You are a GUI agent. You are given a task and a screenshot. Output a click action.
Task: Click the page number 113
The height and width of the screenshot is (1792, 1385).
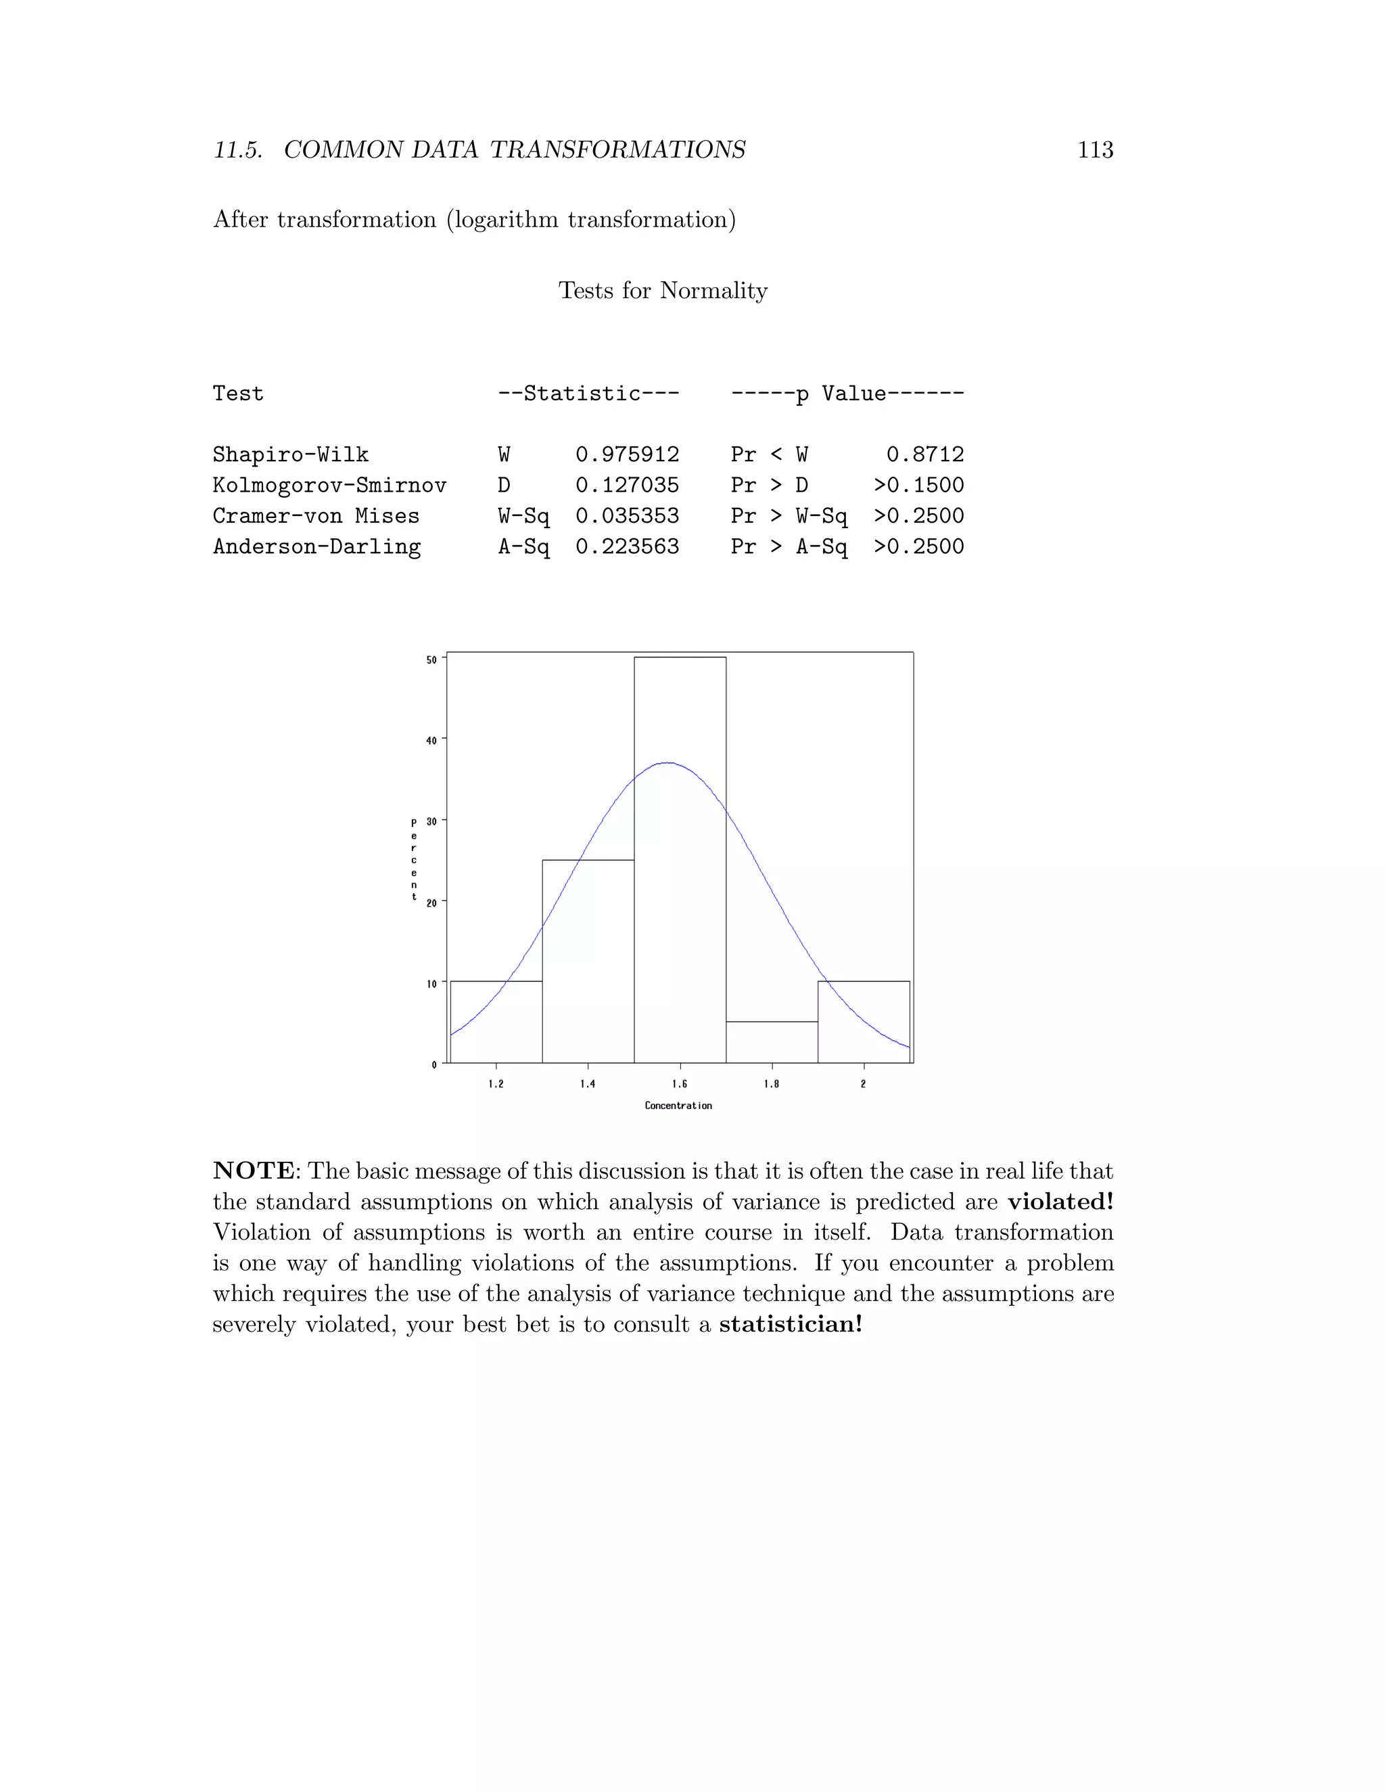click(x=1095, y=150)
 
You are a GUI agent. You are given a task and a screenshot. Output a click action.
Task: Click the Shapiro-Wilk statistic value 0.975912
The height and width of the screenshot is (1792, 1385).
click(x=627, y=454)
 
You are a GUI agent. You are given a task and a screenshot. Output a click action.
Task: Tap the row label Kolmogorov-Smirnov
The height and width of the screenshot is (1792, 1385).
click(x=329, y=485)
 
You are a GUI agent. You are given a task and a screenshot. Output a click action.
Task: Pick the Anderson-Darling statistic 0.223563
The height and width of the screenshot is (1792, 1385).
click(x=627, y=546)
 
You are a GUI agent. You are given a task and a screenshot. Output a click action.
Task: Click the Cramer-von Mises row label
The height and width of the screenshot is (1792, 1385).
click(x=316, y=516)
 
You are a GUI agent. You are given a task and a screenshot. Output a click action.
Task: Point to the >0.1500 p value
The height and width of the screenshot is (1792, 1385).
click(x=918, y=485)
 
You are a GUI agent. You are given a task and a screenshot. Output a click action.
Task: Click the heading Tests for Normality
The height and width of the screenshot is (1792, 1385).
click(x=663, y=291)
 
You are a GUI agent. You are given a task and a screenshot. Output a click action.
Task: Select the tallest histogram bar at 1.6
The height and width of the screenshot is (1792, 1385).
click(x=680, y=903)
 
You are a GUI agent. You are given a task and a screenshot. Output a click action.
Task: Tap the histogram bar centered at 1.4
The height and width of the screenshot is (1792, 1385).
click(x=588, y=968)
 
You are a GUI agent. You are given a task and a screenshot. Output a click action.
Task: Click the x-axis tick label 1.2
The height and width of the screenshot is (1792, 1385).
click(x=496, y=1084)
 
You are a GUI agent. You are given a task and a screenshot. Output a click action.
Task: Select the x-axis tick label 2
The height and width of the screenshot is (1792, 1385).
click(x=863, y=1084)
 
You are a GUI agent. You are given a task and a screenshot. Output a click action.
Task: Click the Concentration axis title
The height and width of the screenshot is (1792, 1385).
click(x=678, y=1106)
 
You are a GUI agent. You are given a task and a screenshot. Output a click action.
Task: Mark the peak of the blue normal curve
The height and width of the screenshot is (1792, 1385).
click(x=669, y=763)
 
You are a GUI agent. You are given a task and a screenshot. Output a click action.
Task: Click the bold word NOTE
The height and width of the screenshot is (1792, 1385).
click(x=254, y=1171)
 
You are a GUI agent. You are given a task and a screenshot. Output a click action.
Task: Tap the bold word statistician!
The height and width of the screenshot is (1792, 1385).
click(x=790, y=1324)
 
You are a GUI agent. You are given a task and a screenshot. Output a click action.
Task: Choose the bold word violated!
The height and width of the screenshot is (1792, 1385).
click(x=1060, y=1202)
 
